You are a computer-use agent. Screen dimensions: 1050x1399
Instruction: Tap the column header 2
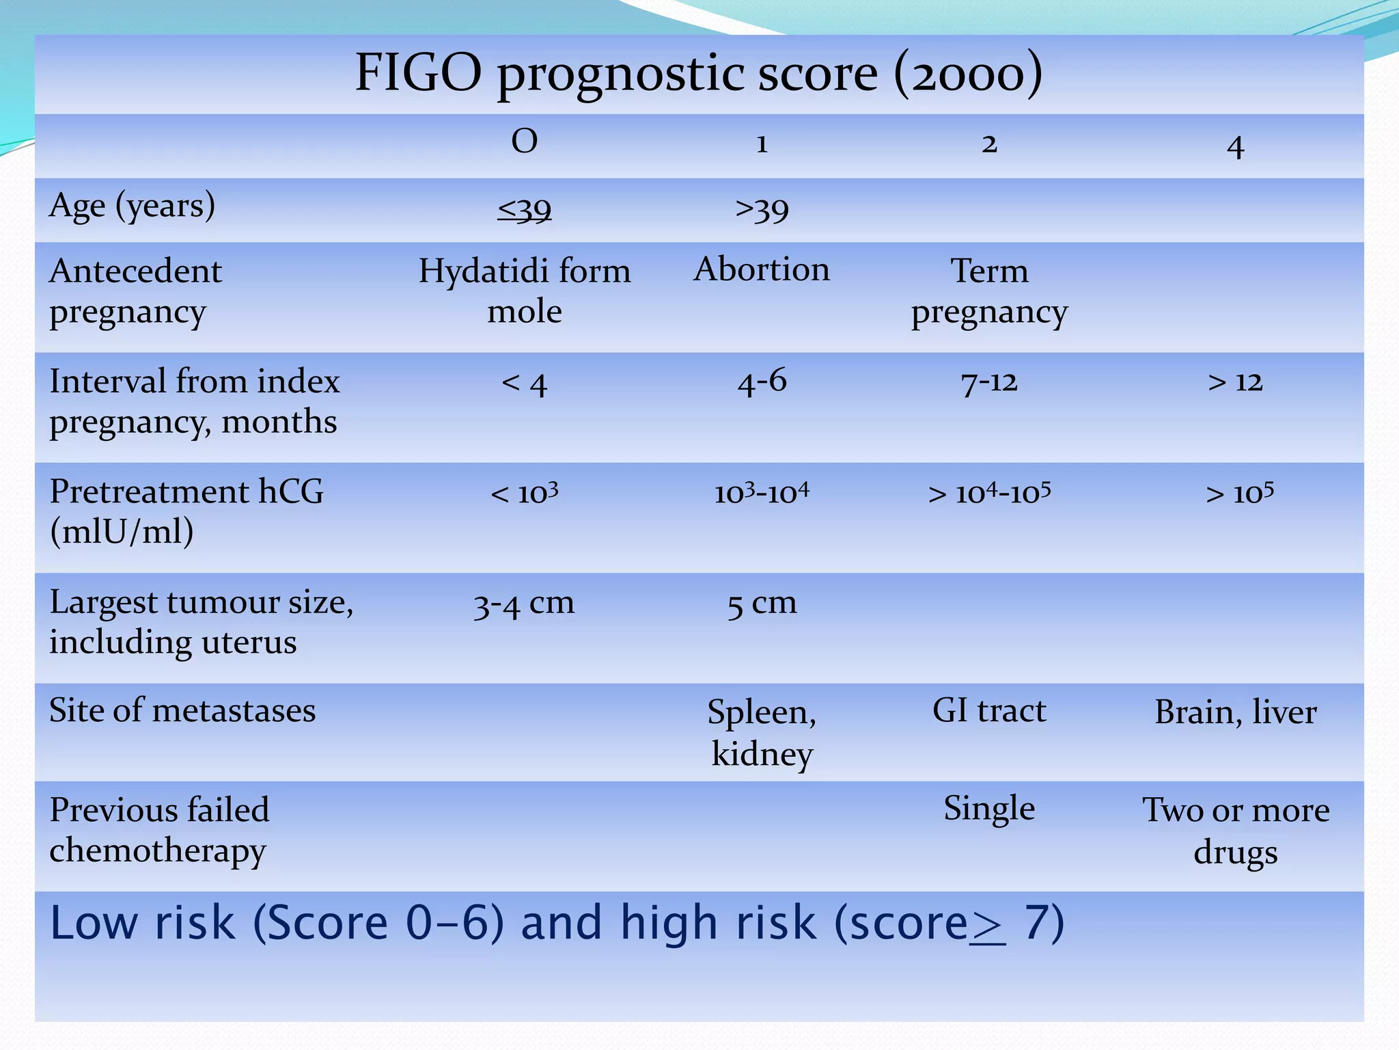[989, 144]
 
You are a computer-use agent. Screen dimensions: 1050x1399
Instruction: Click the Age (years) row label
[133, 206]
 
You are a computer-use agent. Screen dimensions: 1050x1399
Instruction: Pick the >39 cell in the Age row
[762, 209]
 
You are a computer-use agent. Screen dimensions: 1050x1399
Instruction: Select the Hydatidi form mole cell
[524, 291]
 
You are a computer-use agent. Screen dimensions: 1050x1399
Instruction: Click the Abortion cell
[762, 269]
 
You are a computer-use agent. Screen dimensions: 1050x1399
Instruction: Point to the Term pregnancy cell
[989, 291]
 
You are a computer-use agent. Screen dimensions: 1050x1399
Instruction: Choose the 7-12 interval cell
[989, 382]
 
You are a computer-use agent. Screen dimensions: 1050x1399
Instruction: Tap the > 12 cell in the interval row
[1235, 381]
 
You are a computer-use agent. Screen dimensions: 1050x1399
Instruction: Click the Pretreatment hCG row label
[186, 511]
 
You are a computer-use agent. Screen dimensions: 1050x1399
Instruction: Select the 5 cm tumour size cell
[762, 604]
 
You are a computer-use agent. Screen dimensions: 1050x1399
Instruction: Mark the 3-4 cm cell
[524, 604]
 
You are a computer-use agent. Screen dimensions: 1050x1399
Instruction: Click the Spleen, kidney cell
[762, 732]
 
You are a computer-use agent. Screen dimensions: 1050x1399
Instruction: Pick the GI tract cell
[989, 711]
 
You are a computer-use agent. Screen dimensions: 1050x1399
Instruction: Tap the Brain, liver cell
[1235, 712]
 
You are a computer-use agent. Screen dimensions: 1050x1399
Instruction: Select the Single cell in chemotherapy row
[989, 809]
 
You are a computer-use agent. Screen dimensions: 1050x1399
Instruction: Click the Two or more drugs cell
[1235, 830]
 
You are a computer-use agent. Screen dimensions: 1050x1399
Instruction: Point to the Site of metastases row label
[182, 711]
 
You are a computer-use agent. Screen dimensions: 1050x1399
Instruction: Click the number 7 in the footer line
[1034, 923]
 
